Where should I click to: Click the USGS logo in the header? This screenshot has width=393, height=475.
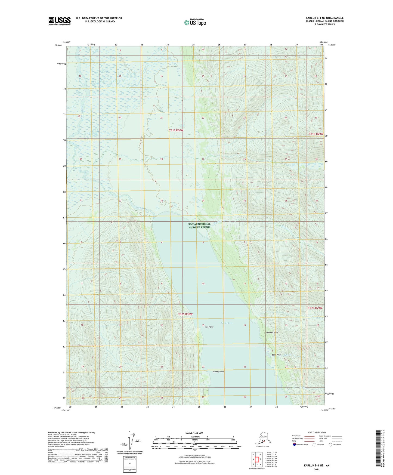60,21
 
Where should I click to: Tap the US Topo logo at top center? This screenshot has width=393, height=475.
195,22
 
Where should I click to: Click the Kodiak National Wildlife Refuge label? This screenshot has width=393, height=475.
199,226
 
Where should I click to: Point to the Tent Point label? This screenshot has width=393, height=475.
209,327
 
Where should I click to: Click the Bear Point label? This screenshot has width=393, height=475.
277,355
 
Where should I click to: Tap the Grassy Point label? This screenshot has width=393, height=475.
218,371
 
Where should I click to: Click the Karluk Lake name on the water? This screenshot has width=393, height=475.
227,323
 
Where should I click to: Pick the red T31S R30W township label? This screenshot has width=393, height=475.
176,130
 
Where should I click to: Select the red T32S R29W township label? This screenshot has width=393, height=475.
315,308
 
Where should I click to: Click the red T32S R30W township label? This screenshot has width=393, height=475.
185,314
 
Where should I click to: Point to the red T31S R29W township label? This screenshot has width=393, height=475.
316,134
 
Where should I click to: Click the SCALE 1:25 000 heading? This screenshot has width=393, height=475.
194,433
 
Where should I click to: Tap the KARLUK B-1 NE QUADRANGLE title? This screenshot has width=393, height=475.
324,18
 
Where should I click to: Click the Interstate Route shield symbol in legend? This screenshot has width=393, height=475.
295,445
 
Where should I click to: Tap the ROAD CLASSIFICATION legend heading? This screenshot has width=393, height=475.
317,432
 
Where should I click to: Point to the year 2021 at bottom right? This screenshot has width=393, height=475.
316,469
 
